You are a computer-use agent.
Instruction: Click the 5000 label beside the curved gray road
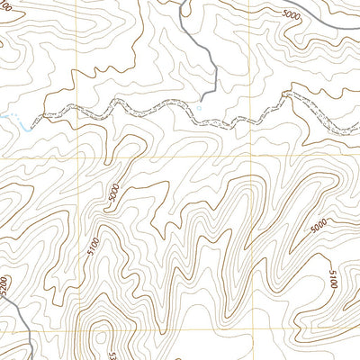click(291, 14)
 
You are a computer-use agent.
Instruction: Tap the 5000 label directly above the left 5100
click(112, 193)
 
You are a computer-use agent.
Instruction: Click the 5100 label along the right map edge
click(333, 280)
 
